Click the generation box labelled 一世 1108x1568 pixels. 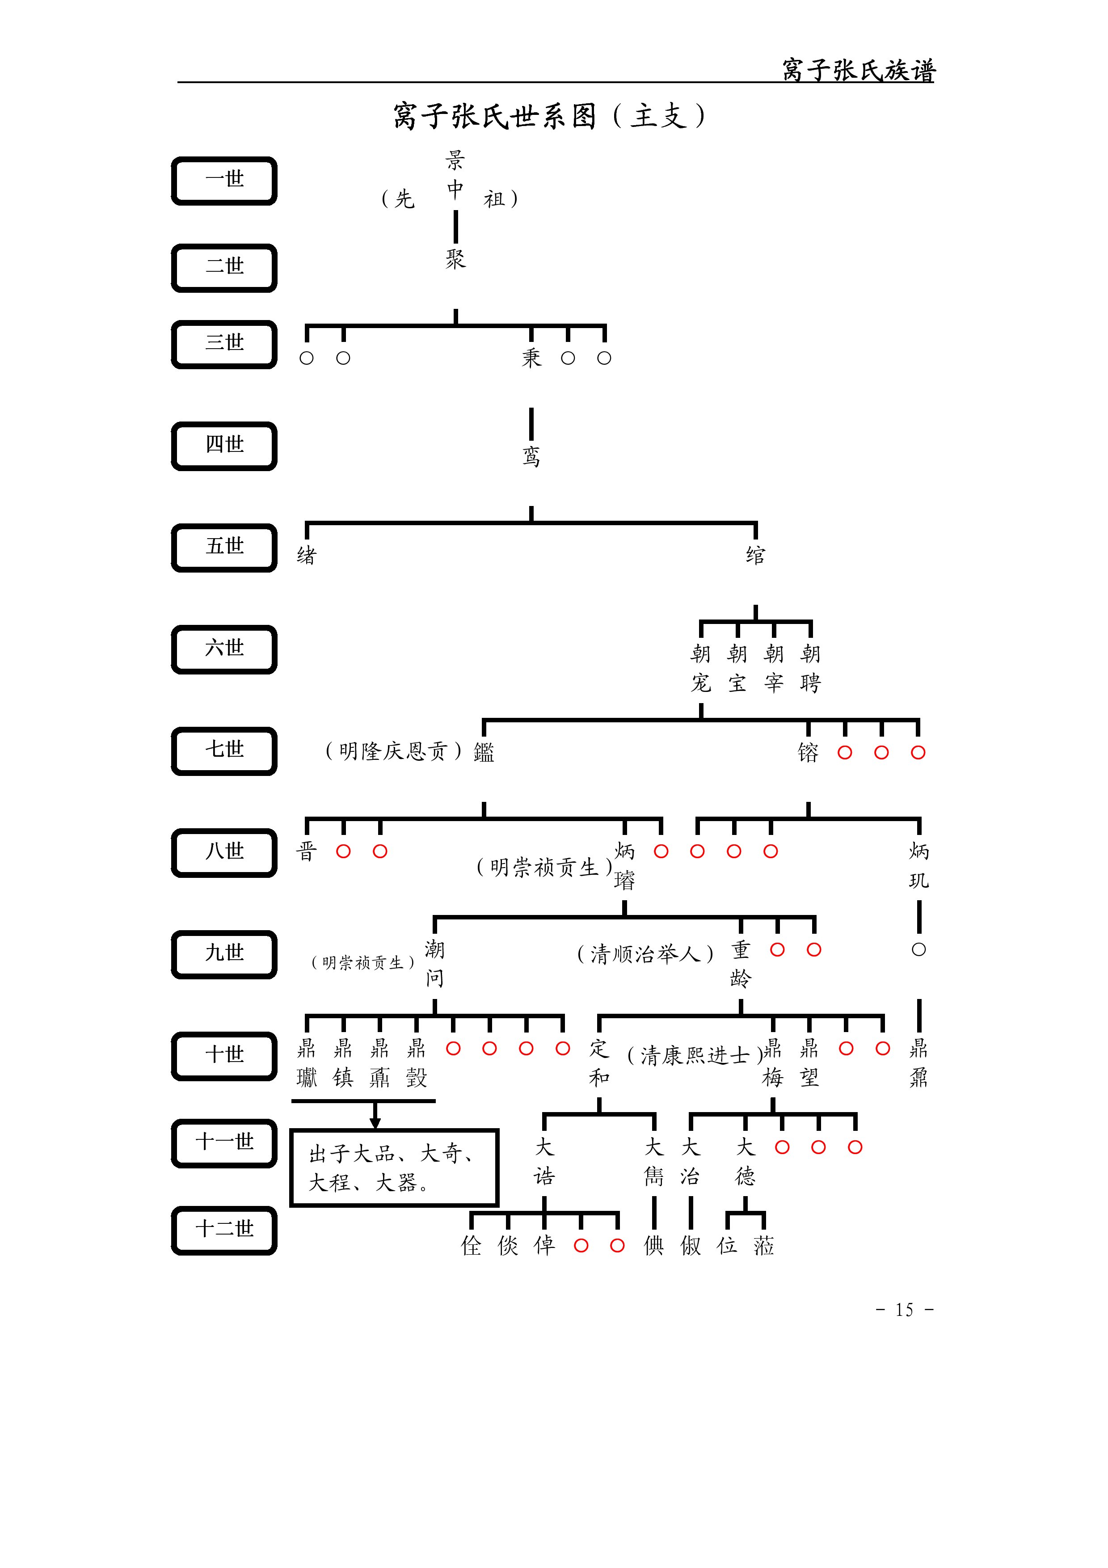[x=224, y=181]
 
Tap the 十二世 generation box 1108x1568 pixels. [x=224, y=1231]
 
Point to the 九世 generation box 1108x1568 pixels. [x=224, y=954]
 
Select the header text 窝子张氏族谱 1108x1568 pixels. [x=858, y=70]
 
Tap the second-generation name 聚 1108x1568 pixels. [x=455, y=259]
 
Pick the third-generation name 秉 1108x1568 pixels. [x=531, y=358]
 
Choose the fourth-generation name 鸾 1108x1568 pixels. [x=531, y=456]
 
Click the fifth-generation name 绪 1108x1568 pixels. [x=307, y=555]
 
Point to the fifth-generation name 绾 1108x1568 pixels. [x=755, y=555]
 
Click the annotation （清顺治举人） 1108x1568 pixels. [x=645, y=953]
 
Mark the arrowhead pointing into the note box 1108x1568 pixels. [x=375, y=1123]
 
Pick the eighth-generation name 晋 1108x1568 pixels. [x=307, y=851]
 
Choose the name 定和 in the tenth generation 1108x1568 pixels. [x=599, y=1062]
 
